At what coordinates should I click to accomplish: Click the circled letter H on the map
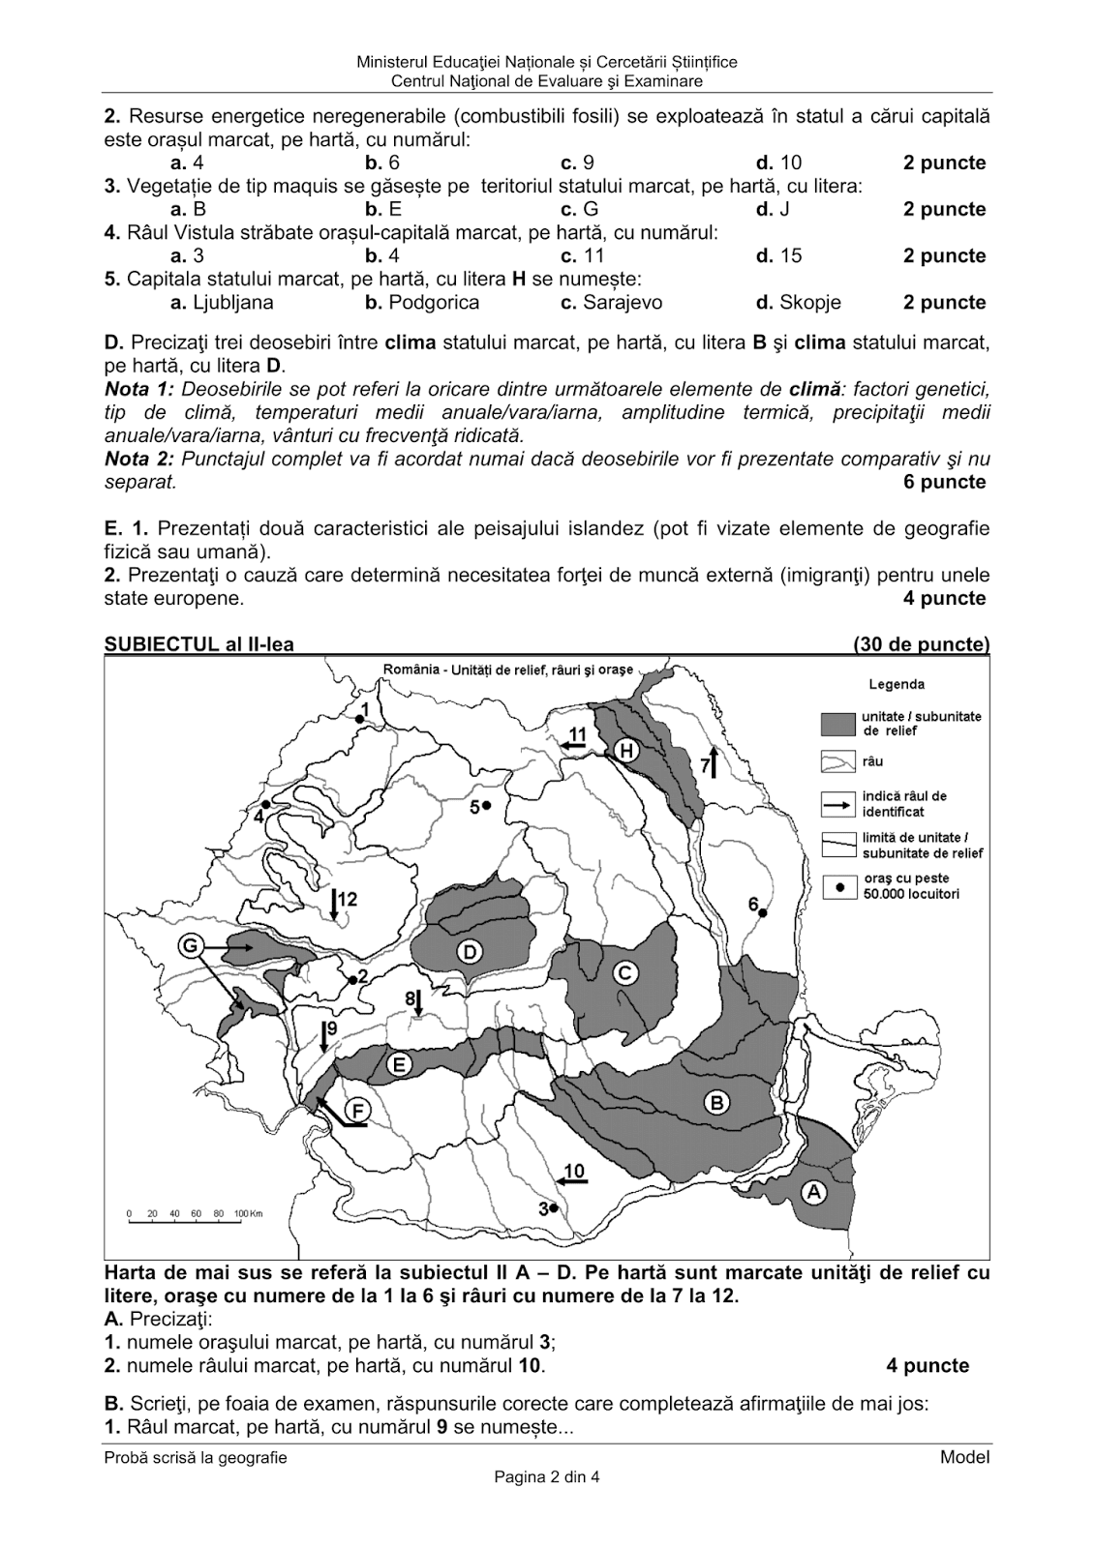click(x=626, y=751)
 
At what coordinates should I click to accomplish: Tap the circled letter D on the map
click(x=469, y=952)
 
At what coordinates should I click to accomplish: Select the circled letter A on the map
click(x=814, y=1192)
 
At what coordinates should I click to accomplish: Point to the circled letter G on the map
click(x=191, y=944)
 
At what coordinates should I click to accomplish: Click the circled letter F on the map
click(x=357, y=1112)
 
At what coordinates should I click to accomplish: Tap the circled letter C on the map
click(x=625, y=972)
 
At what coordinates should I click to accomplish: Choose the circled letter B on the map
click(x=716, y=1102)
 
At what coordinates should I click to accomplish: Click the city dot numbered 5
click(x=487, y=805)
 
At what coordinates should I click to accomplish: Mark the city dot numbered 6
click(x=763, y=912)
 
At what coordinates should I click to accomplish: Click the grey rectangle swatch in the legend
click(x=838, y=724)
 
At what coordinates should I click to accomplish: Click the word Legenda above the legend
click(x=897, y=684)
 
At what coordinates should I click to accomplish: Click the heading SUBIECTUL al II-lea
click(x=199, y=644)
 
